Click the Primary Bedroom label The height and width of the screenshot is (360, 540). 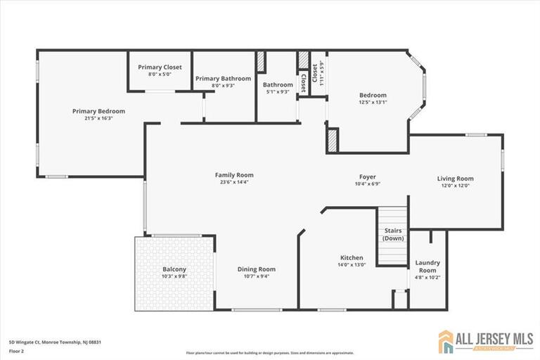coord(98,111)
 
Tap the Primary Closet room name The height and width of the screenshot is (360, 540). coord(160,67)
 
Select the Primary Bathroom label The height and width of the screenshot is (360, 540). coord(223,79)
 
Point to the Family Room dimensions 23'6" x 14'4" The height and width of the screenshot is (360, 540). coord(234,182)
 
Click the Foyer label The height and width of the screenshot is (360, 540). coord(367,177)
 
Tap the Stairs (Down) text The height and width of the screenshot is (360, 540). coord(393,234)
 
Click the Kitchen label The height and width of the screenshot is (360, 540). coord(352,257)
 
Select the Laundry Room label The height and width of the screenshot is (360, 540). coord(427,266)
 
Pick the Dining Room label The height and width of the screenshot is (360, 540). coord(256,269)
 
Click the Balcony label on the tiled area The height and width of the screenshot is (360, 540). coord(174,269)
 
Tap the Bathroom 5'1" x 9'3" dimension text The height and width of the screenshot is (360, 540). coord(278,92)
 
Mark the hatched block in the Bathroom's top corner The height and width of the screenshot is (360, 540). coord(260,61)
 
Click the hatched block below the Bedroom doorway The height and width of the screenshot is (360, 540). coord(333,139)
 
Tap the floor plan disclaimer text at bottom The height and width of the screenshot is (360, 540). coord(270,353)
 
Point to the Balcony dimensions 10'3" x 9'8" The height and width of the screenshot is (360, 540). coord(174,276)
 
